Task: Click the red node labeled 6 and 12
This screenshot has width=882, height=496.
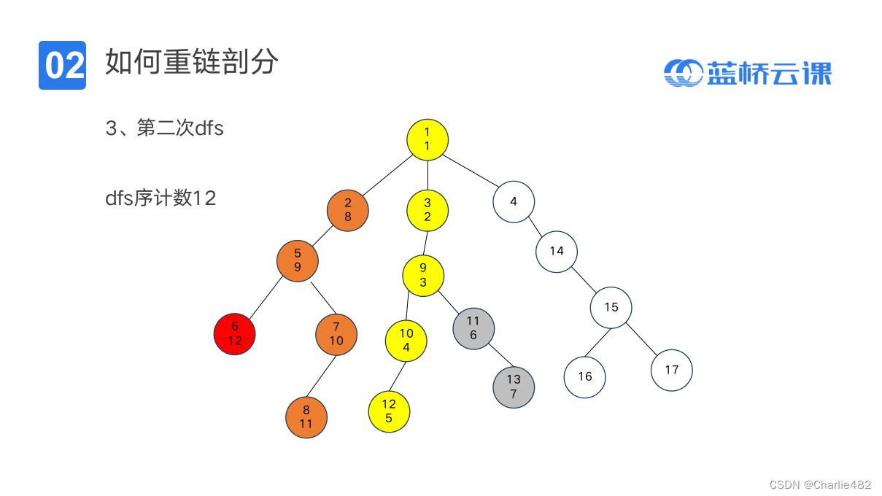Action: (x=234, y=334)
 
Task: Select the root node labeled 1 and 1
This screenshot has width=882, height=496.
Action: (x=427, y=139)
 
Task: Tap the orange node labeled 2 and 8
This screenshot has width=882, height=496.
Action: (x=347, y=210)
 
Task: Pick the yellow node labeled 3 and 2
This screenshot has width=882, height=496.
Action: (x=428, y=210)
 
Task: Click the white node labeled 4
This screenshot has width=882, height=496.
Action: (x=514, y=201)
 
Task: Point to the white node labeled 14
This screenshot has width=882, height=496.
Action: (x=557, y=252)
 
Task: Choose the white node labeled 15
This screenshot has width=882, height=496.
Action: (x=611, y=307)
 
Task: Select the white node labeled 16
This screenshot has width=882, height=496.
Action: (x=584, y=377)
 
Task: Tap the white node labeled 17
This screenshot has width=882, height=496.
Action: (x=672, y=370)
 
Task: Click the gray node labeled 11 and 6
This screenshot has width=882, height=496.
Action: (x=473, y=328)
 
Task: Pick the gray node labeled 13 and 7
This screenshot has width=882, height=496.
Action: (x=514, y=387)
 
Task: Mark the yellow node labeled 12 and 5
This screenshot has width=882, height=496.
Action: (x=389, y=411)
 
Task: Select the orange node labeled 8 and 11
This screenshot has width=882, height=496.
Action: (x=306, y=417)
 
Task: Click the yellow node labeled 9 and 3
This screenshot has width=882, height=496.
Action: (x=423, y=275)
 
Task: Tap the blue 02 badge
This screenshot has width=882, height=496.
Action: (x=62, y=66)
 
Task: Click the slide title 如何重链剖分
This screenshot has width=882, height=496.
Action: (x=191, y=63)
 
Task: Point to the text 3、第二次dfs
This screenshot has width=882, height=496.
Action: (x=165, y=128)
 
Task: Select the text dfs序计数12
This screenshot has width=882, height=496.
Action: (x=160, y=198)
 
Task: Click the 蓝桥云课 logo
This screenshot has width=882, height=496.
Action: (x=748, y=73)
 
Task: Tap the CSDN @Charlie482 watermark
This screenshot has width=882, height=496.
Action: (x=820, y=484)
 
